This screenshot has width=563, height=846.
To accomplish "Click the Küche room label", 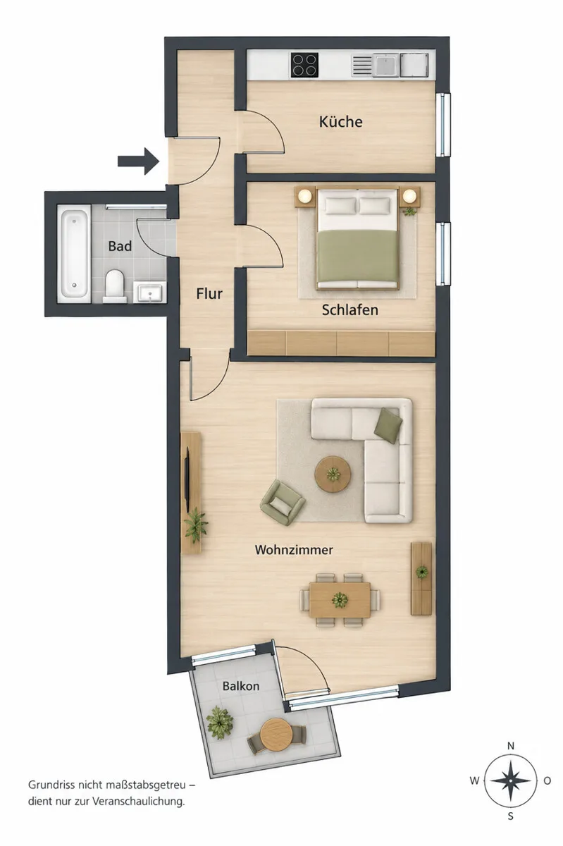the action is click(340, 121).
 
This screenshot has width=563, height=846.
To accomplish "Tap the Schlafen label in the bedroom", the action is click(349, 309).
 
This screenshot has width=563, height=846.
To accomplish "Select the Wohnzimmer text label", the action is click(294, 549).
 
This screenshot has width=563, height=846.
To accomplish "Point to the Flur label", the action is click(209, 293).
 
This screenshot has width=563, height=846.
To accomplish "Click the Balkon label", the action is click(241, 685).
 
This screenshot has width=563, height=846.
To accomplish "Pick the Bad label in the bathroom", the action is click(120, 246).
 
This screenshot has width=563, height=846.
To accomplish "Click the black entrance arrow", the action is click(138, 161).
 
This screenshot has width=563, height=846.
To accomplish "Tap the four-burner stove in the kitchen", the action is click(304, 65).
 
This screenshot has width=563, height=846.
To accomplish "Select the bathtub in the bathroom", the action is click(74, 253).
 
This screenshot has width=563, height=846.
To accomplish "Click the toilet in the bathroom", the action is click(115, 286).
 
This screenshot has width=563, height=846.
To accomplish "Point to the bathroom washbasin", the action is click(150, 293).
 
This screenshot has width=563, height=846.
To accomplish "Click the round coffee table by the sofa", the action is click(333, 474).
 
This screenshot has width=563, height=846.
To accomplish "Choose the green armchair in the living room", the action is click(283, 502).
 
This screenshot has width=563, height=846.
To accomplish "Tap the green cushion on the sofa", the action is click(388, 425).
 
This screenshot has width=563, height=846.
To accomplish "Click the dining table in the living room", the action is click(340, 600).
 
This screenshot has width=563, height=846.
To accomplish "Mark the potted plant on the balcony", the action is click(219, 723).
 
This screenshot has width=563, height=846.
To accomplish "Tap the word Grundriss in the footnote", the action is click(51, 785).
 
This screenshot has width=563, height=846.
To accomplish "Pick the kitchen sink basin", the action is click(386, 65).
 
